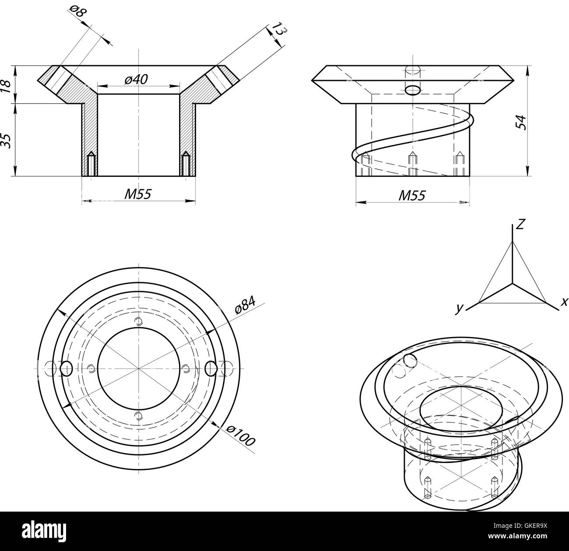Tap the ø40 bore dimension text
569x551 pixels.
pyautogui.click(x=136, y=79)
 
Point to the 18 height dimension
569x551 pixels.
pyautogui.click(x=6, y=84)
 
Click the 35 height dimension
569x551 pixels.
pyautogui.click(x=6, y=140)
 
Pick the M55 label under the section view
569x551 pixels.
pyautogui.click(x=137, y=194)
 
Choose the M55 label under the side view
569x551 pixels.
pyautogui.click(x=411, y=196)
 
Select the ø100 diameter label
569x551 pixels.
pyautogui.click(x=240, y=435)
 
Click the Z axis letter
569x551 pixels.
pyautogui.click(x=520, y=225)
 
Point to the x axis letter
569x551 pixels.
pyautogui.click(x=564, y=302)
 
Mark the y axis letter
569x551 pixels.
pyautogui.click(x=459, y=308)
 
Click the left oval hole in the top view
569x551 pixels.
pyautogui.click(x=66, y=369)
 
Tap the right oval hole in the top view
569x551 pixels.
pyautogui.click(x=211, y=369)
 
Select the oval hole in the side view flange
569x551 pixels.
pyautogui.click(x=413, y=90)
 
